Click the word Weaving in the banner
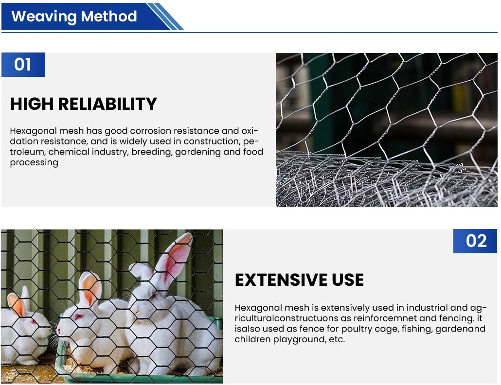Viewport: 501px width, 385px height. coord(44,17)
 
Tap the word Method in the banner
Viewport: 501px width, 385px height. coord(109,16)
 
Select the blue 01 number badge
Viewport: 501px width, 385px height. coord(23,65)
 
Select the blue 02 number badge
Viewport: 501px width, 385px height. coord(475,241)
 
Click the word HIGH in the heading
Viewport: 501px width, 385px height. coord(32,104)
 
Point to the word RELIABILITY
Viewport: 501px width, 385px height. coord(107,104)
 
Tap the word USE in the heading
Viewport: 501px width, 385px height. coord(348,280)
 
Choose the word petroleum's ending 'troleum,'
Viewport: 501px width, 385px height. coord(28,152)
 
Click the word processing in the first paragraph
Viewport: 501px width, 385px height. coord(34,163)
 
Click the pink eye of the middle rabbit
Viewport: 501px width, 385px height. coord(77,317)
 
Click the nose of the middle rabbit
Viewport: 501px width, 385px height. coord(59,331)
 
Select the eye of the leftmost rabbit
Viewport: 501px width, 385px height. coord(32,322)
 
